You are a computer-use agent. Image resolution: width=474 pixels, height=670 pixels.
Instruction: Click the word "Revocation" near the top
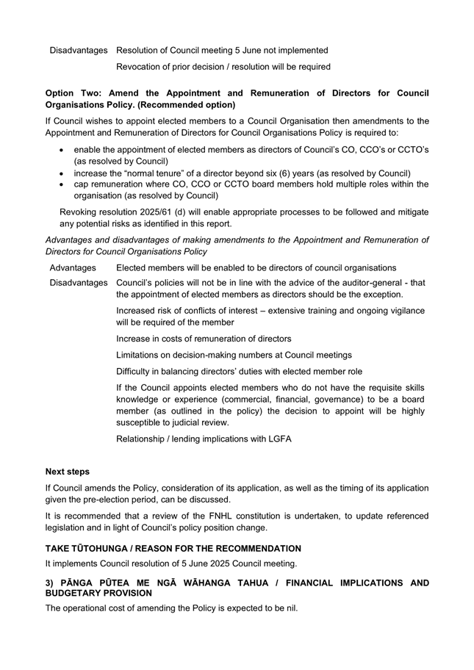[x=140, y=67]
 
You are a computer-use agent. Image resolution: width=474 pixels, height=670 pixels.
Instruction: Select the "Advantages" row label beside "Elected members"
[x=73, y=267]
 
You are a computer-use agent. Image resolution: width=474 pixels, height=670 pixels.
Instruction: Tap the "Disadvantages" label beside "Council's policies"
[x=78, y=283]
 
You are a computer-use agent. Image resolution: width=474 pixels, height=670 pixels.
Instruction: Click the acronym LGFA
[x=276, y=439]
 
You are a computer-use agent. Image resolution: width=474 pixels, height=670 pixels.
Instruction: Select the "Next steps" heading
[x=68, y=472]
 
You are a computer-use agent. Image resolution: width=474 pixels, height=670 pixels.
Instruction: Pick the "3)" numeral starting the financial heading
[x=50, y=583]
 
